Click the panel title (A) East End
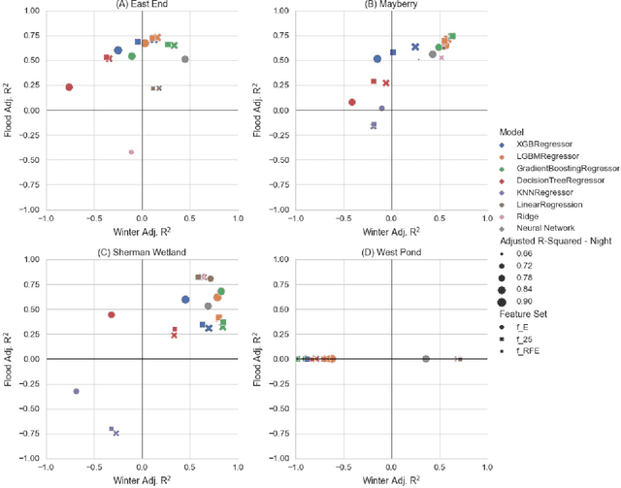[142, 5]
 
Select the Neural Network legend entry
[548, 229]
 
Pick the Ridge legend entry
[532, 216]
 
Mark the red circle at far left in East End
[69, 87]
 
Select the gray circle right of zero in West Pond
[426, 359]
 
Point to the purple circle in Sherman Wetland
[77, 391]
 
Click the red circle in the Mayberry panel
[352, 102]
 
